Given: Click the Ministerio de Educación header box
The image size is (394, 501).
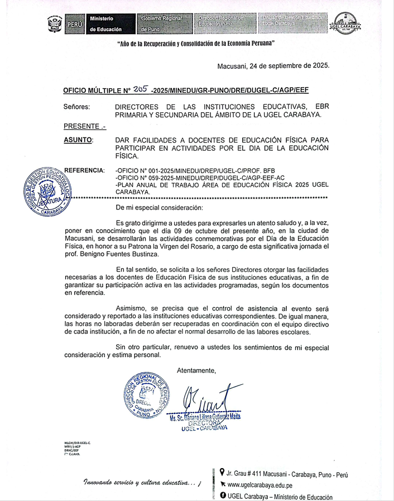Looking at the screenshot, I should (x=109, y=24).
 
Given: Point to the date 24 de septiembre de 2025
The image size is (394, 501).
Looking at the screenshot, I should (x=273, y=65).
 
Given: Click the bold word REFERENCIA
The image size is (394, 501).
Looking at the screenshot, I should (x=84, y=170).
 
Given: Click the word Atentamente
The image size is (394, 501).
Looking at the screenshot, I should (x=196, y=370).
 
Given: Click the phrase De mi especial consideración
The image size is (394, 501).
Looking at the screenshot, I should (x=158, y=207).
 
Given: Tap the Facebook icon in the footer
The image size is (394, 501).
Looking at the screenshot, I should (x=223, y=496).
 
